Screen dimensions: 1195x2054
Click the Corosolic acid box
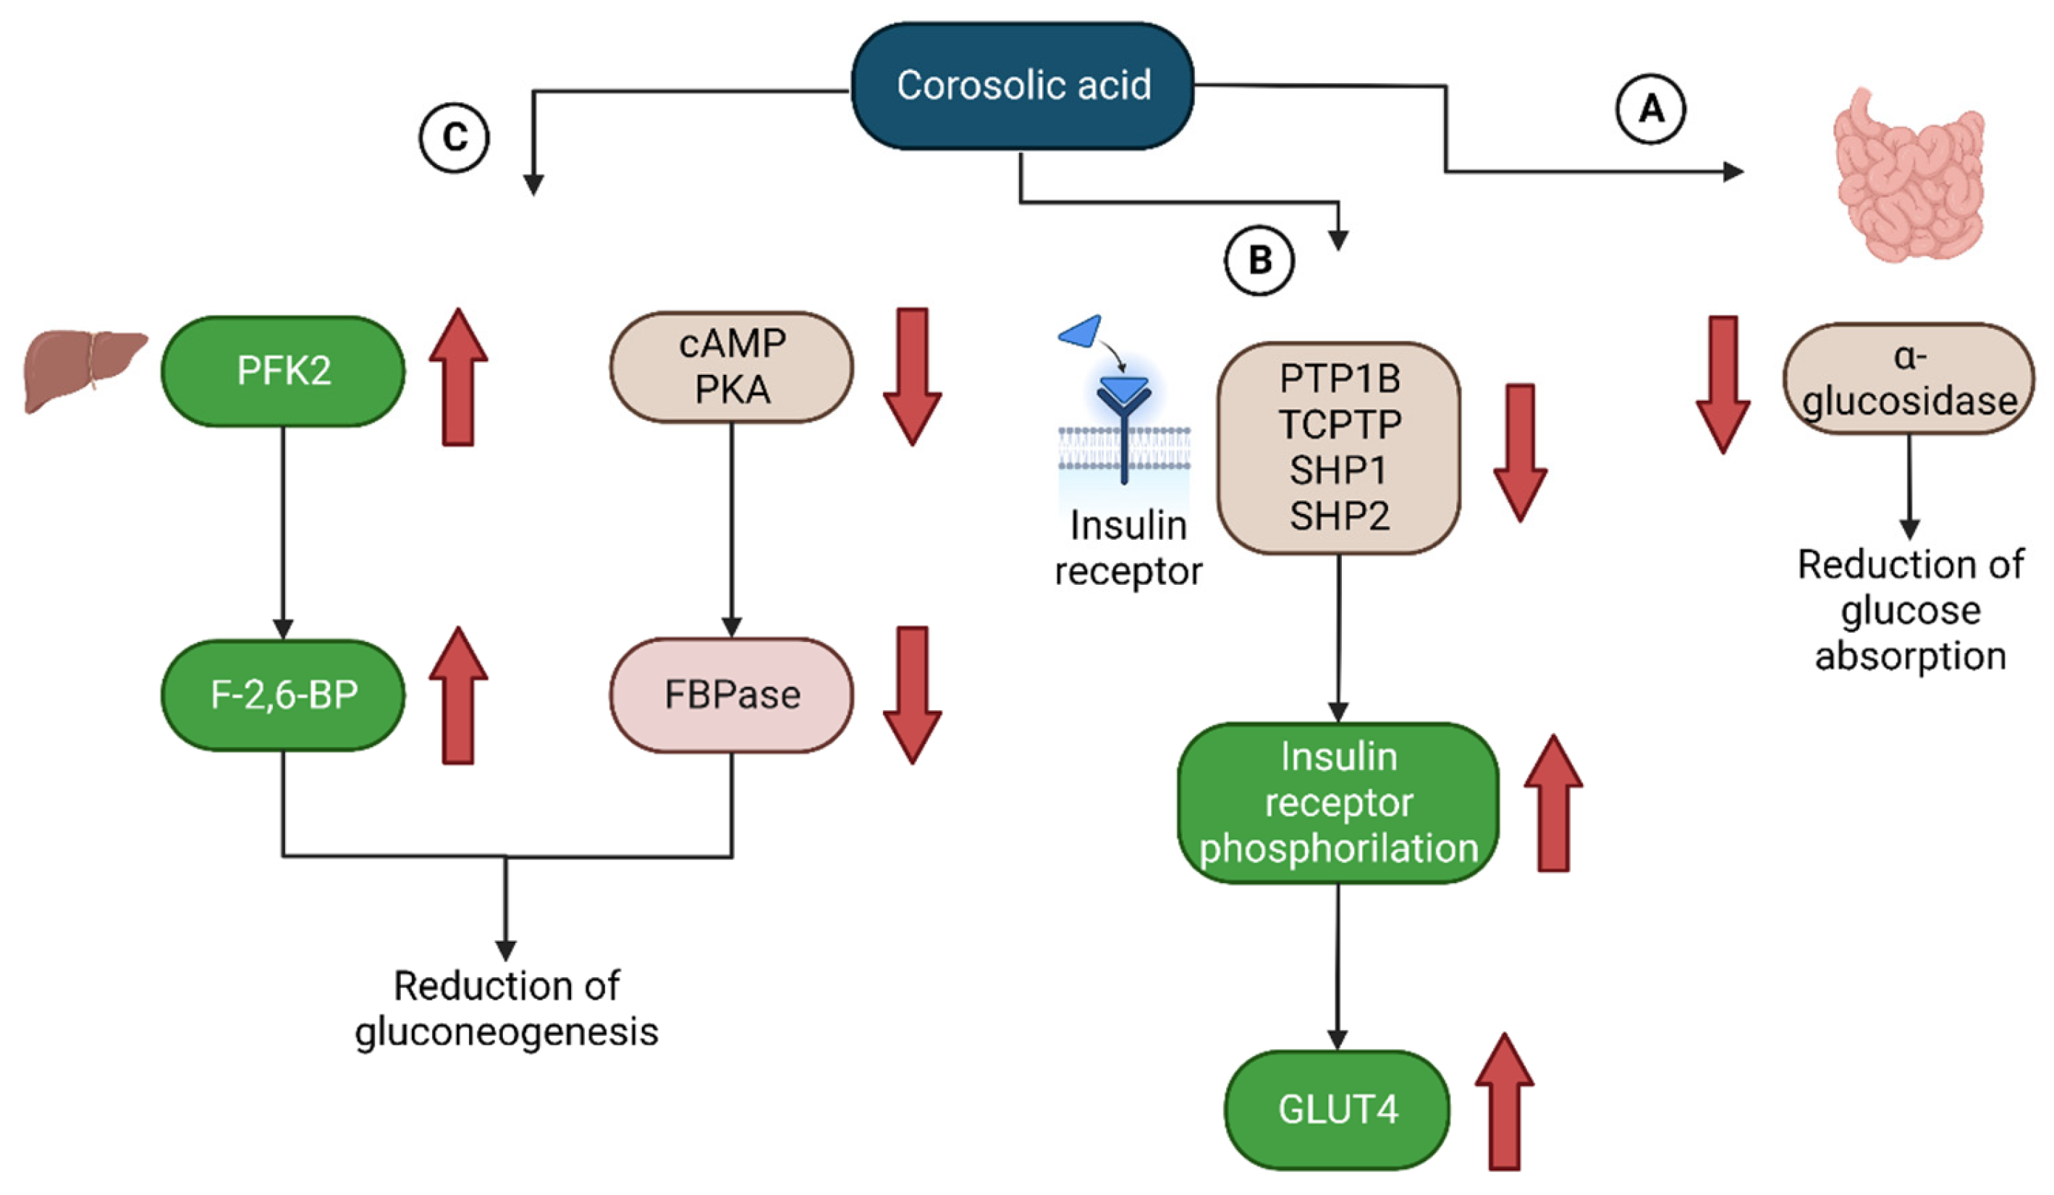(x=1022, y=85)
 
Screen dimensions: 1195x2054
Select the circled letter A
(x=1651, y=109)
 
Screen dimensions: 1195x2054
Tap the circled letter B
(x=1259, y=261)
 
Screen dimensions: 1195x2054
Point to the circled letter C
(x=454, y=137)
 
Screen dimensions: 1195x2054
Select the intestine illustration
(x=1907, y=175)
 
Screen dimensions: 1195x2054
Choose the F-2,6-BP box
(x=283, y=696)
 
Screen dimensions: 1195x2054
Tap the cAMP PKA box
(x=731, y=367)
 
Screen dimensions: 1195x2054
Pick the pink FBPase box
(x=731, y=696)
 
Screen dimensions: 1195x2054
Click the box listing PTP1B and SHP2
(x=1338, y=447)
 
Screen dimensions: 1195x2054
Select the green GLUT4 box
(x=1337, y=1110)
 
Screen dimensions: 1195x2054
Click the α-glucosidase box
(x=1909, y=379)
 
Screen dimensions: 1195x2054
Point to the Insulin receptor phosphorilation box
(x=1337, y=803)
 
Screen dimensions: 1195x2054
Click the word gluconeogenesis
(x=506, y=1032)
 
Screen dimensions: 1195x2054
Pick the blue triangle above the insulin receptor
(x=1081, y=332)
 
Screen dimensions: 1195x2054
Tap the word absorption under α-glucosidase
(x=1910, y=656)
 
